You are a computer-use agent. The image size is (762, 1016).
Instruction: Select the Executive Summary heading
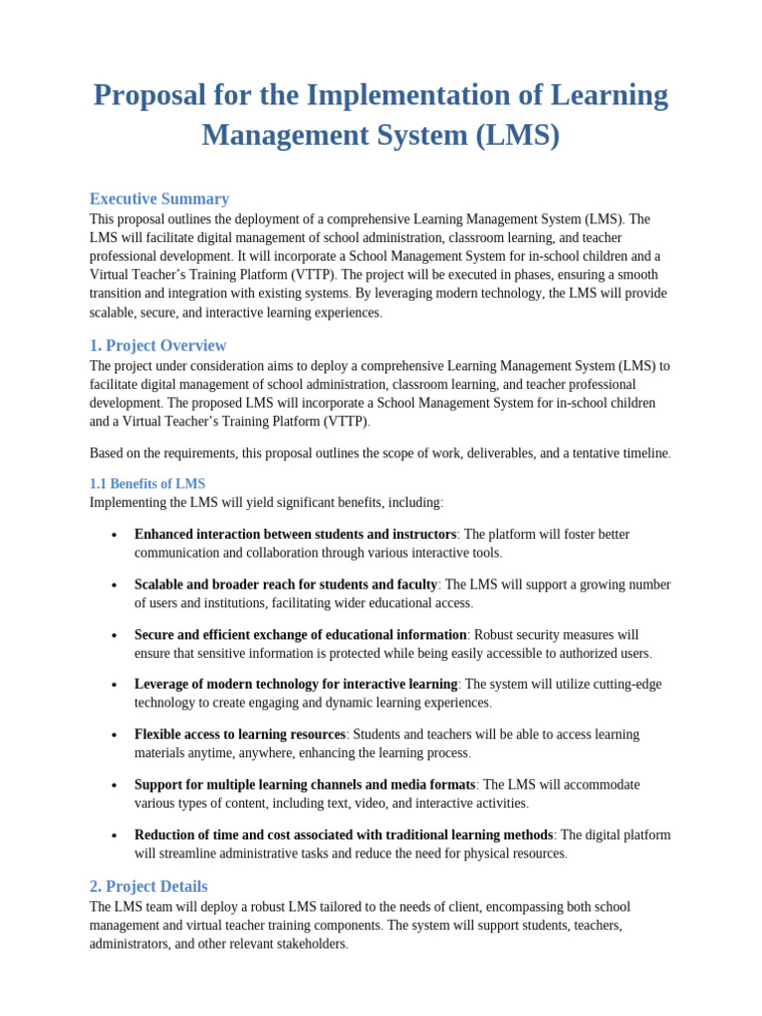pos(159,198)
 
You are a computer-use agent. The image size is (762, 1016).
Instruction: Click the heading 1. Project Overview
pos(158,345)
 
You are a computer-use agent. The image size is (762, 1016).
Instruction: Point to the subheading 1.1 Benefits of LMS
pos(147,484)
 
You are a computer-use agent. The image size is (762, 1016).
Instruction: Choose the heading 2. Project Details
pos(149,886)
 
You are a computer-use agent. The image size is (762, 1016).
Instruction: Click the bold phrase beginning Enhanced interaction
pos(295,535)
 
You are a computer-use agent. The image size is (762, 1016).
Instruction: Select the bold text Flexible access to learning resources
pos(239,735)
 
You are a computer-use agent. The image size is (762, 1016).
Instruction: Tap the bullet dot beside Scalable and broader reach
pos(115,585)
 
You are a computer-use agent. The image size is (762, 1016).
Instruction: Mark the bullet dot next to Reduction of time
pos(115,835)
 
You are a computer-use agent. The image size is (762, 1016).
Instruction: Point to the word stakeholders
pos(300,945)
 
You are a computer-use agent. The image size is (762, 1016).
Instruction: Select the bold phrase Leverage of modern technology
pos(295,685)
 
